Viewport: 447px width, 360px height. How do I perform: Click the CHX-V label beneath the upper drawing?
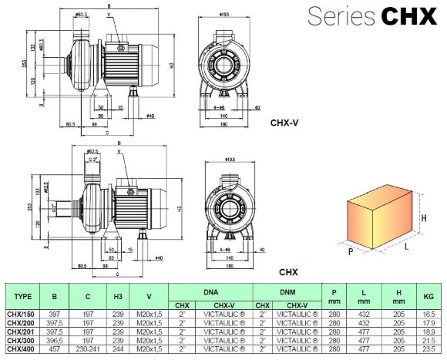coord(284,122)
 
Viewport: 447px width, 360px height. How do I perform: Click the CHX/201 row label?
coord(21,331)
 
